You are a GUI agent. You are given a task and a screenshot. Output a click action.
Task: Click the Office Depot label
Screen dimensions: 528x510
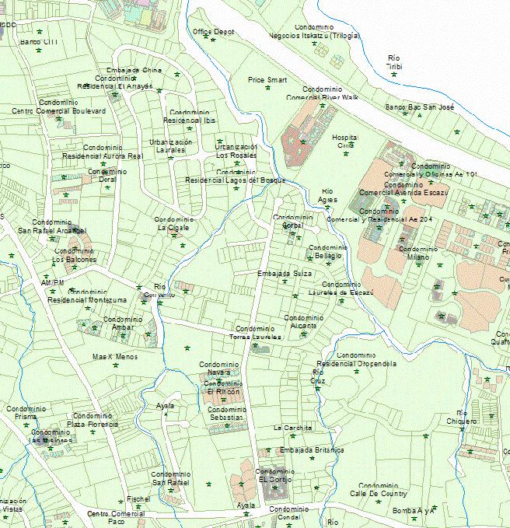[213, 32]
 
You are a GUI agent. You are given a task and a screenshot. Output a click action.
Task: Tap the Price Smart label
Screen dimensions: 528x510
[267, 79]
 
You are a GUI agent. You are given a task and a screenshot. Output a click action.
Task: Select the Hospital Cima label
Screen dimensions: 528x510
[344, 141]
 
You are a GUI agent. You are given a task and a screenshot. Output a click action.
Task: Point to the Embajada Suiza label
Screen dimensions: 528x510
[285, 274]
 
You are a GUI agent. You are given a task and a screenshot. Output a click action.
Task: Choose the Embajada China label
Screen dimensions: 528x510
[135, 70]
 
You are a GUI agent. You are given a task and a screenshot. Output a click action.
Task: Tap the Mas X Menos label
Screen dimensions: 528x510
[114, 357]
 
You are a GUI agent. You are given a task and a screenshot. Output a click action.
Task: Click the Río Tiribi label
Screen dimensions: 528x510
[394, 62]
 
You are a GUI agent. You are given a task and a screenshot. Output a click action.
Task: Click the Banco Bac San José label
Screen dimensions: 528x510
[419, 107]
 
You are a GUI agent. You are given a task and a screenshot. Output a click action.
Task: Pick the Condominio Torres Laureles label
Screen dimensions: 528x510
[256, 333]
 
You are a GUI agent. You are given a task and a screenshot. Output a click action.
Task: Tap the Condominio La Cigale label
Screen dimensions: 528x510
[173, 224]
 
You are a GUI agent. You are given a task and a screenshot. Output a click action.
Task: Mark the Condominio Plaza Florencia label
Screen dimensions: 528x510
[93, 420]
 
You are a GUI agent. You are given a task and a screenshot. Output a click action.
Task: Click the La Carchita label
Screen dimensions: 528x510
[293, 428]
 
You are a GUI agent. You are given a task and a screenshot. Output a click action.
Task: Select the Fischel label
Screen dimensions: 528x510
[138, 498]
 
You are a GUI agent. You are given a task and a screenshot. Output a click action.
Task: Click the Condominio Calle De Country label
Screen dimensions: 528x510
[378, 489]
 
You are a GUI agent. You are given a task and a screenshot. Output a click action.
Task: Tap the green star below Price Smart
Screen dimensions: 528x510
[268, 88]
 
